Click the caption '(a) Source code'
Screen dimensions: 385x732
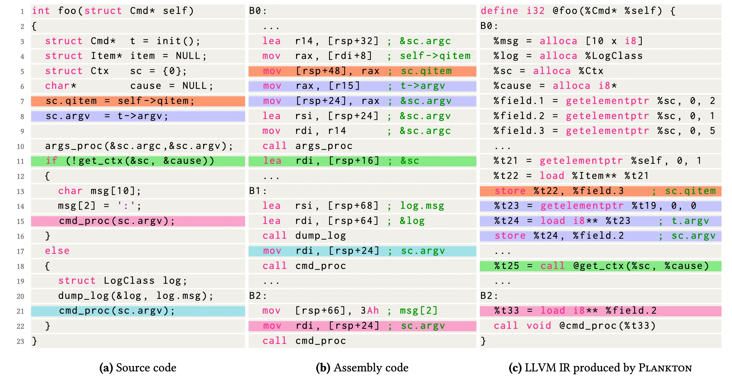[138, 368]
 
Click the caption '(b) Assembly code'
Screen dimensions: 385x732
[362, 368]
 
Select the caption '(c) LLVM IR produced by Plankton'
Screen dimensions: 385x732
[600, 368]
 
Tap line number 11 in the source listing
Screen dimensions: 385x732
[20, 161]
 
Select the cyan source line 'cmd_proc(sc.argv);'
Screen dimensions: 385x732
[117, 311]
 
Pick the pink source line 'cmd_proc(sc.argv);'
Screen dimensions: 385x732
[117, 221]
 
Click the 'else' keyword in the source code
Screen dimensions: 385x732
[57, 251]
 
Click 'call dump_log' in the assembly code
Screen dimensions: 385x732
[304, 236]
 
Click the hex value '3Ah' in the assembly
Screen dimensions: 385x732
[370, 311]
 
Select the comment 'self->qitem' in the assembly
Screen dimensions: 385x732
[435, 56]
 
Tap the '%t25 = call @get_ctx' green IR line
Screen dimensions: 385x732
[601, 266]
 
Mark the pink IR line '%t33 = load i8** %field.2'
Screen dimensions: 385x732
[575, 311]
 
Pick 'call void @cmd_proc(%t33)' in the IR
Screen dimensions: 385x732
[575, 326]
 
